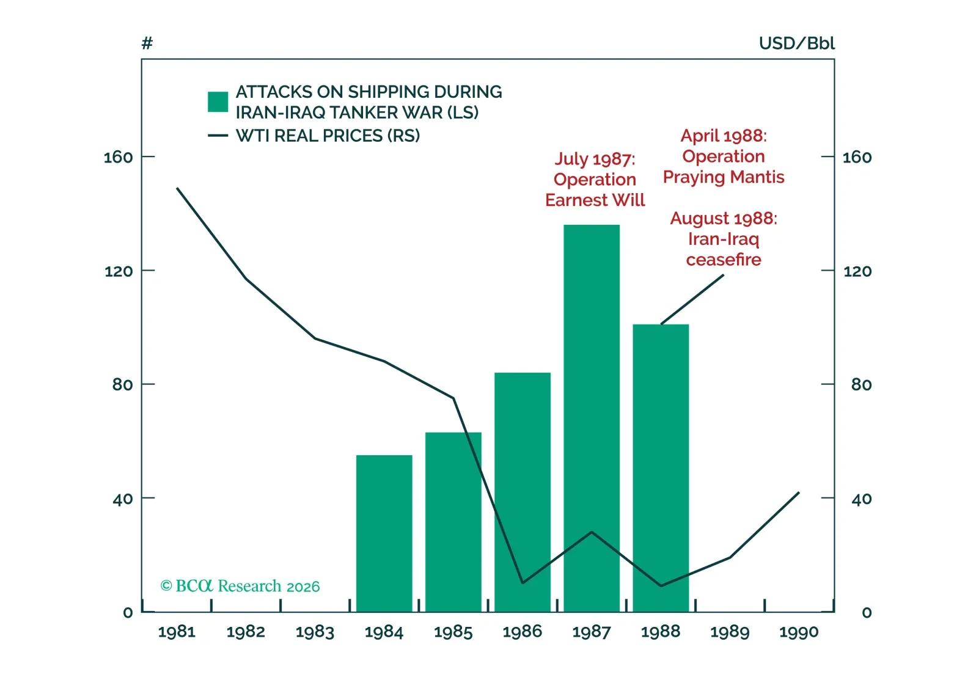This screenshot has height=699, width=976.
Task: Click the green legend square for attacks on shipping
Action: [218, 102]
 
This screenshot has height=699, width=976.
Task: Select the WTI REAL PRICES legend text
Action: [328, 136]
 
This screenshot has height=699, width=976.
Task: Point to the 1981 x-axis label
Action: [177, 632]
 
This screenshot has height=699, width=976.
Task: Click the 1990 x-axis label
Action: [798, 632]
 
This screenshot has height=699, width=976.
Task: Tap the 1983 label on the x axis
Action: [315, 632]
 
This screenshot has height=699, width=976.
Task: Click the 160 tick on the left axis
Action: [118, 157]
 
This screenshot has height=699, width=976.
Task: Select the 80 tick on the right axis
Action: [860, 384]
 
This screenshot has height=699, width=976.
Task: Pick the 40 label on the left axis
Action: [122, 499]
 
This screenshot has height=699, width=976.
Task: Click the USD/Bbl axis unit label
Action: [796, 43]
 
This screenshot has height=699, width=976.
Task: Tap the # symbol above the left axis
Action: [147, 43]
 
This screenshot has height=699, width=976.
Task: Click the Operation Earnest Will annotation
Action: [595, 180]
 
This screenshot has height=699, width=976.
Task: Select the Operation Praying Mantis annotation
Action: [723, 156]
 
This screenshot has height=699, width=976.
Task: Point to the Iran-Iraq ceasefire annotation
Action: [723, 239]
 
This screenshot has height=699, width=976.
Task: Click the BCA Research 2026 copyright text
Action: [240, 586]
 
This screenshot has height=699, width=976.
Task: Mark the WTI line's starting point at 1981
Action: [177, 188]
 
